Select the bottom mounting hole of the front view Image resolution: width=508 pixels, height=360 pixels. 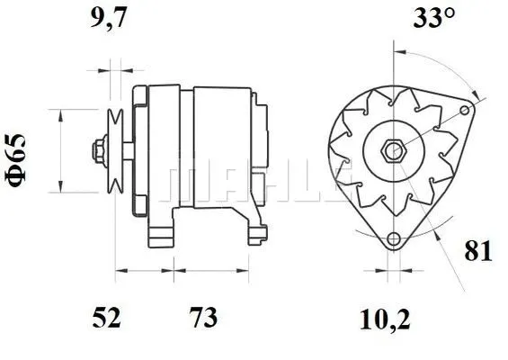coord(392,239)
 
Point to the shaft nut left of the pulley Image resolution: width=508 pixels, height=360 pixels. coord(97,149)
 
